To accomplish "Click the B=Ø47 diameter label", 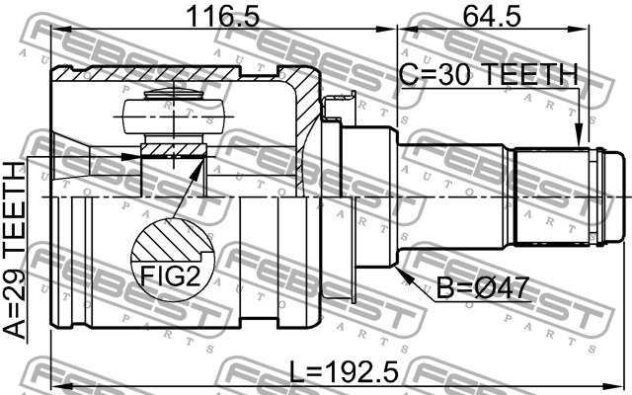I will [x=484, y=289].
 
